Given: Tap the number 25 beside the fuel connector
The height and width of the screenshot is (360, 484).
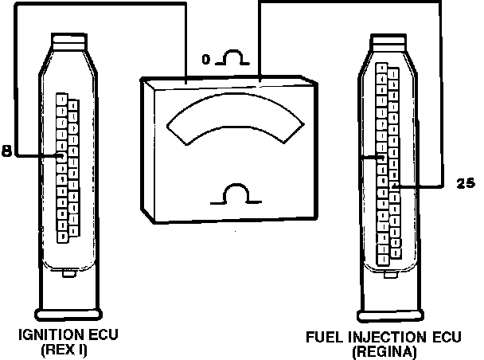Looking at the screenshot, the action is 465,182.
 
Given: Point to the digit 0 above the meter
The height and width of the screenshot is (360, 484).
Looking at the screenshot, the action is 207,59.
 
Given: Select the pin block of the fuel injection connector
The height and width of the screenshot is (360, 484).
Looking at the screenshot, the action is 389,163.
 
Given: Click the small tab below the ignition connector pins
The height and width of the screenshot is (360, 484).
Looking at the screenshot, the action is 69,273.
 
